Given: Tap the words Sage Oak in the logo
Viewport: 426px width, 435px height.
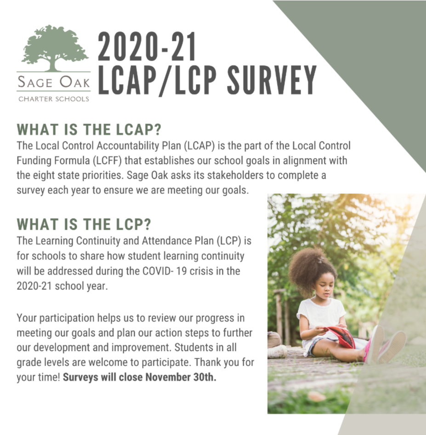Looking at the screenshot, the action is (x=54, y=82).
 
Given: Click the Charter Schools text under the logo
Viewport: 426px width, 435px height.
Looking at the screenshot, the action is (x=54, y=99).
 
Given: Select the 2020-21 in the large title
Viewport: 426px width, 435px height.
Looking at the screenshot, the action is (x=147, y=46).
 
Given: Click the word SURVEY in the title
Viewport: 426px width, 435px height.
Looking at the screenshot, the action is (x=272, y=80).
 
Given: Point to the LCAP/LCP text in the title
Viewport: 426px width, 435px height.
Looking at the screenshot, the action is (x=157, y=80).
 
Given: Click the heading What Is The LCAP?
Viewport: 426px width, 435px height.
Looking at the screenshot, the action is (x=89, y=129).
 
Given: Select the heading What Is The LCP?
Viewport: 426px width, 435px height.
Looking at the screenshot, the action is (x=84, y=224).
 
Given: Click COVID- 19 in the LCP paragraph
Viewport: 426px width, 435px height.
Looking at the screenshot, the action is (x=165, y=271).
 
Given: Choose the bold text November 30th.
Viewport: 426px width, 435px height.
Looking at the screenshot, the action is (x=181, y=377).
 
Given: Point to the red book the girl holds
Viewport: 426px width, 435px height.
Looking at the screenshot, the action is (x=341, y=337).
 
